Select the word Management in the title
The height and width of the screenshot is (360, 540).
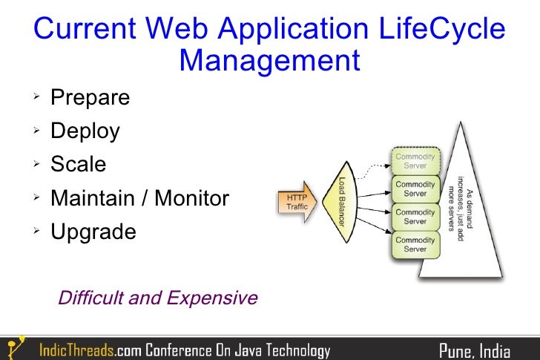pyautogui.click(x=269, y=59)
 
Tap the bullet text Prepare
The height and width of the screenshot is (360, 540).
pyautogui.click(x=90, y=97)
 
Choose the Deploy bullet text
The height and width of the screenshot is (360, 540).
pyautogui.click(x=85, y=131)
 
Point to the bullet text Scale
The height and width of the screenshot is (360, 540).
pyautogui.click(x=78, y=164)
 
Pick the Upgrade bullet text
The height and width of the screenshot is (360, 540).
pyautogui.click(x=93, y=232)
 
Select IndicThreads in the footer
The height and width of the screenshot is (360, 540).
pyautogui.click(x=76, y=350)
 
